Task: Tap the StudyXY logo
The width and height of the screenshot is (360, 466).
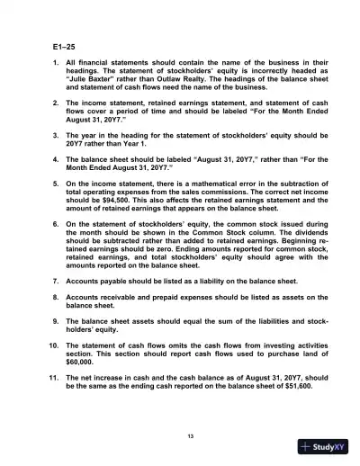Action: [x=321, y=447]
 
